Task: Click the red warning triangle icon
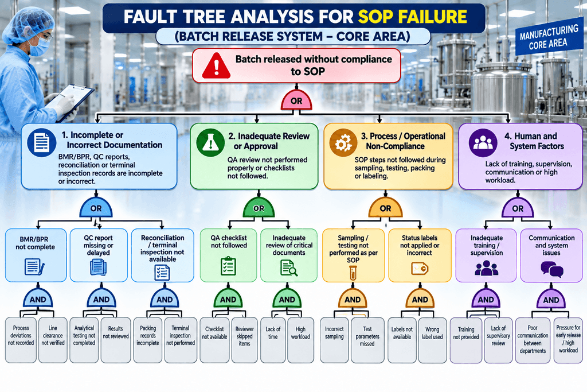click(216, 66)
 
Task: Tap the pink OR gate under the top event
click(296, 100)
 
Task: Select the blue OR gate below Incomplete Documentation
click(96, 208)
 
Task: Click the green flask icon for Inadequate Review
click(210, 142)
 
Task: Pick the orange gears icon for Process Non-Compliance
click(343, 143)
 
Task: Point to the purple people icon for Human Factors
click(483, 143)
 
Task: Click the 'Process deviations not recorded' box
click(21, 340)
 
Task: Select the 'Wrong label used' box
click(432, 340)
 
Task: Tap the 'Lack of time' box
click(273, 340)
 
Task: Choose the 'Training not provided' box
click(465, 340)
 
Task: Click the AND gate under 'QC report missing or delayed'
click(101, 298)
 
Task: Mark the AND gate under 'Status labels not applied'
click(420, 298)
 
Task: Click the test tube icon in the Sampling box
click(353, 273)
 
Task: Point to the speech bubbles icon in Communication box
click(552, 269)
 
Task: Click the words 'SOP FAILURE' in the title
click(413, 17)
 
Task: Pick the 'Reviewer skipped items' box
click(244, 340)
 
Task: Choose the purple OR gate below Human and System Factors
click(518, 208)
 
